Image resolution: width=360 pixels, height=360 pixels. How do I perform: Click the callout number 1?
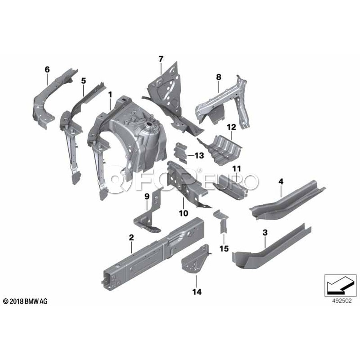[110, 95]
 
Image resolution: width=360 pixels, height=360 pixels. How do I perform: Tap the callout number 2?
[131, 238]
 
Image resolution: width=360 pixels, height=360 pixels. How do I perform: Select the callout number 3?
[265, 232]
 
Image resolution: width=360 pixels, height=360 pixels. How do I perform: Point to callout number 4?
[281, 182]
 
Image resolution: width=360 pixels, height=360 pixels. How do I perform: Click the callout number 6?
[47, 70]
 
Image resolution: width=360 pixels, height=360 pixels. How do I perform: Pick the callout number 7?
[161, 59]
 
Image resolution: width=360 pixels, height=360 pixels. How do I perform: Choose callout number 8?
[218, 77]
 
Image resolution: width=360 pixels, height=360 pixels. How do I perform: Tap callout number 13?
[199, 155]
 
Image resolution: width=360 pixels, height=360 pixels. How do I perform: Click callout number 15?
[224, 249]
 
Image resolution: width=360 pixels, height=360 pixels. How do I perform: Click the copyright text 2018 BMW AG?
[25, 301]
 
